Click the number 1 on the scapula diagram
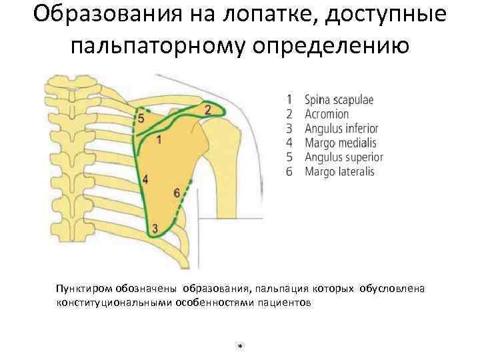(x=159, y=139)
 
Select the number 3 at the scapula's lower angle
(x=155, y=229)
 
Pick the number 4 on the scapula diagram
(x=145, y=179)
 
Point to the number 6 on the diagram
(x=176, y=193)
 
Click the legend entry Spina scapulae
(x=339, y=100)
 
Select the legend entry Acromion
(x=327, y=114)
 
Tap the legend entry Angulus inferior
(x=341, y=129)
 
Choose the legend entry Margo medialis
(x=340, y=143)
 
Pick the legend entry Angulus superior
(x=343, y=157)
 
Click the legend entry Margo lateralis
(x=339, y=171)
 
